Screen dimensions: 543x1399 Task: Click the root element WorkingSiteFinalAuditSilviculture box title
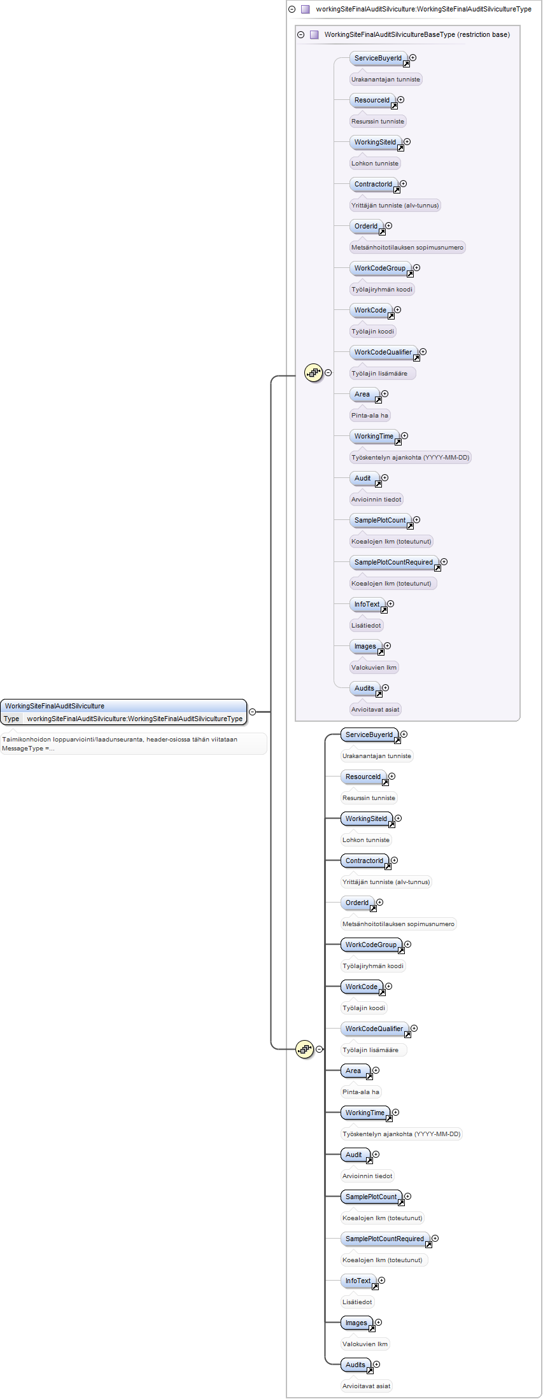click(55, 706)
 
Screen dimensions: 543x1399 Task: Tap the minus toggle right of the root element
click(253, 712)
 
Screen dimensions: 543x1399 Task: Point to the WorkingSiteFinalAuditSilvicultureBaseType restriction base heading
click(417, 34)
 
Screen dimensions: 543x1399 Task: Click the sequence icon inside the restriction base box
click(314, 373)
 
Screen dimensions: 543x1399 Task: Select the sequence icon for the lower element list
click(305, 1049)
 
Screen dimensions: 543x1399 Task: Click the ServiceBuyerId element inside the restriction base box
click(379, 59)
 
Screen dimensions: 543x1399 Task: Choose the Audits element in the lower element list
click(356, 1365)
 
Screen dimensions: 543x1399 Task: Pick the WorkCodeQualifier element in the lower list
click(375, 1029)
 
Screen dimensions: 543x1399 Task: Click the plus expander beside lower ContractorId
click(395, 861)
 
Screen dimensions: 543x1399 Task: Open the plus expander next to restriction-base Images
click(388, 646)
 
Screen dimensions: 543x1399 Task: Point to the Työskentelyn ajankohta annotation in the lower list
click(402, 1134)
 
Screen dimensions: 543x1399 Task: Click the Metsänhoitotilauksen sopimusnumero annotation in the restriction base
click(407, 247)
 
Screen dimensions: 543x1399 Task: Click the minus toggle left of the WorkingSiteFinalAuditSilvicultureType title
click(292, 10)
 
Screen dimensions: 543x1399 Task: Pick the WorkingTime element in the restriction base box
click(374, 437)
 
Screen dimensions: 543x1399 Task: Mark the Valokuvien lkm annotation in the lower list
click(365, 1344)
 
